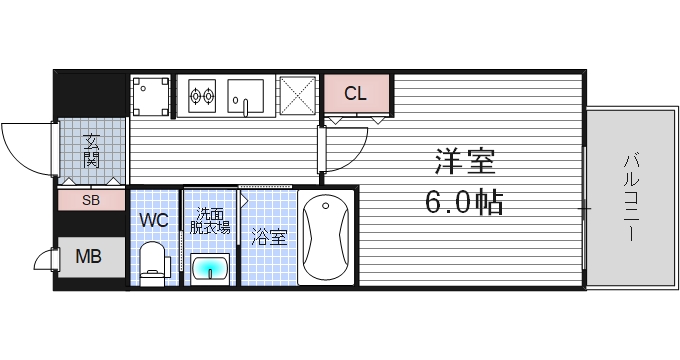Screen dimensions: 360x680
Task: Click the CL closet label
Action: pos(355,95)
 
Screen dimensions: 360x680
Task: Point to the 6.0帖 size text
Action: pos(464,203)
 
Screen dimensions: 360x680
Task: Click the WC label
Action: pos(153,218)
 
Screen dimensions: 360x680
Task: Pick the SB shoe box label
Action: pos(91,200)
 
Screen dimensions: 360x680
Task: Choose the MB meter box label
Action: pos(90,257)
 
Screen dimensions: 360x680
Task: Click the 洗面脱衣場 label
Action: pos(210,220)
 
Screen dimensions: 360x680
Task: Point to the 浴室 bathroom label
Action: pos(268,237)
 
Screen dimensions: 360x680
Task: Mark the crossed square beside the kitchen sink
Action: pos(298,97)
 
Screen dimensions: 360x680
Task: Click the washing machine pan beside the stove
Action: pos(151,98)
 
